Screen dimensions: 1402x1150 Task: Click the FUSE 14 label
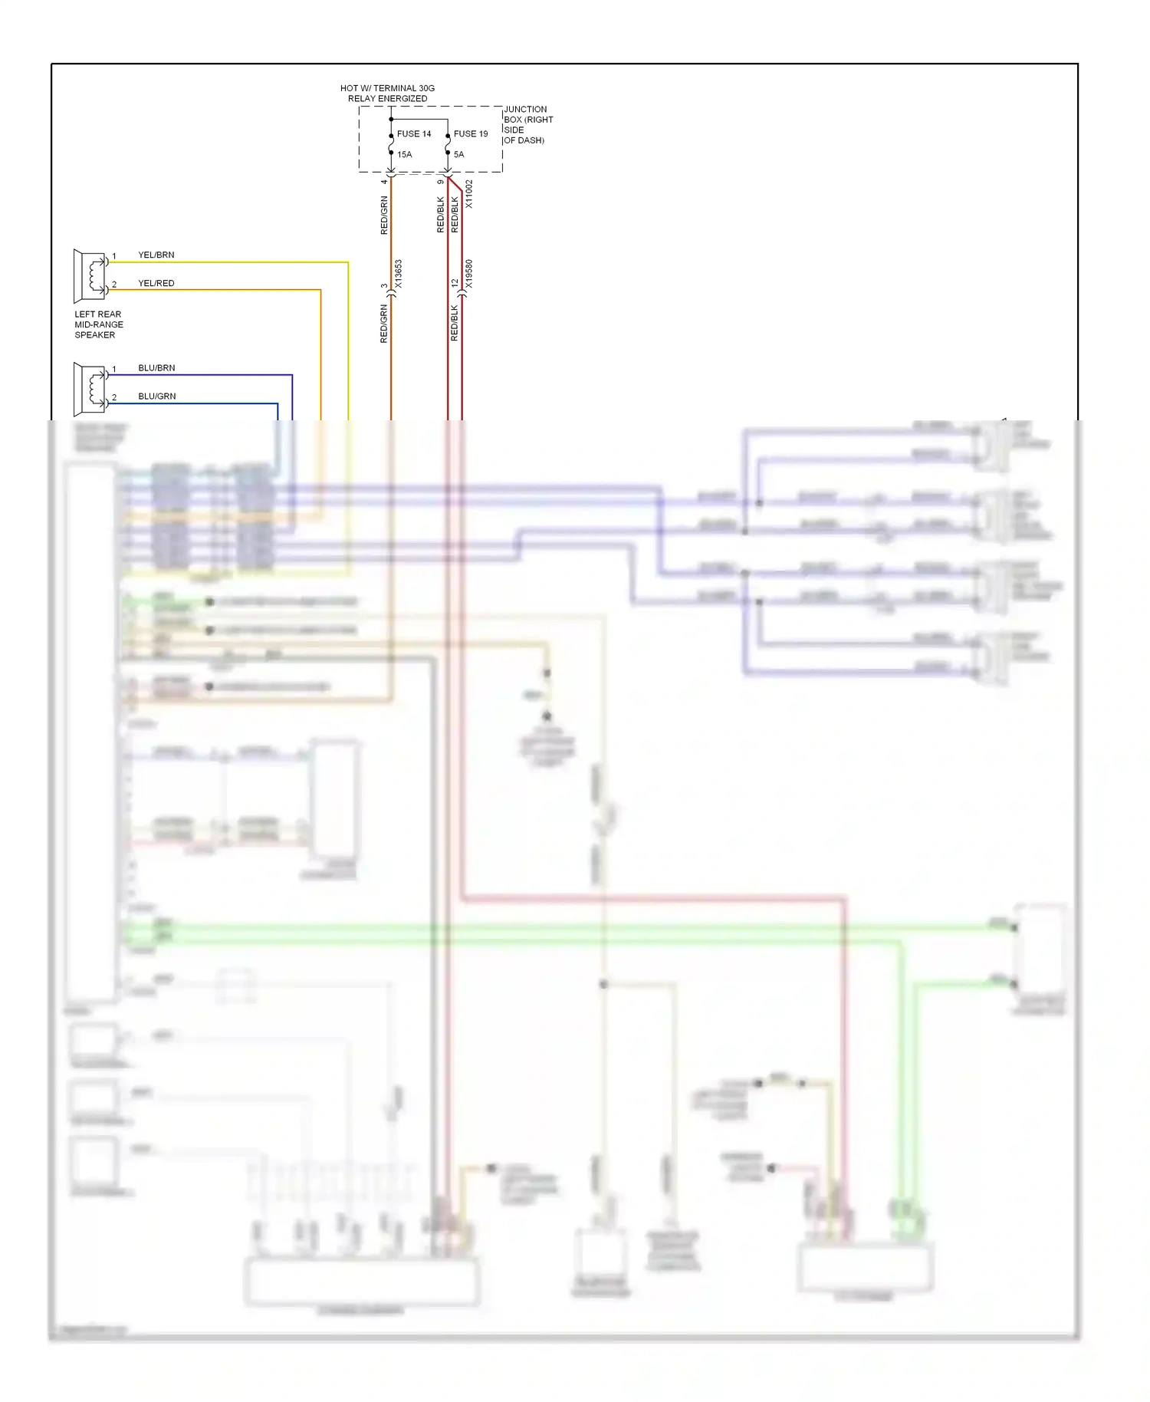[x=413, y=134]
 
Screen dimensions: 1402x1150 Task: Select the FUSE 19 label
[x=470, y=134]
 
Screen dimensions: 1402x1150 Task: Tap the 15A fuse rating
[x=404, y=155]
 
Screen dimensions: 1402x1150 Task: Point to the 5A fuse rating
[x=458, y=155]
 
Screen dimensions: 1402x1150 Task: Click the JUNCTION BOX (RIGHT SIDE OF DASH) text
[x=527, y=125]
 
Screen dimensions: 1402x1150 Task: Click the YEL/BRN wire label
[x=156, y=255]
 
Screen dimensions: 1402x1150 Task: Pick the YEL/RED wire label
[x=156, y=284]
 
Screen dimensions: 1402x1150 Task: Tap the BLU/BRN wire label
[x=156, y=368]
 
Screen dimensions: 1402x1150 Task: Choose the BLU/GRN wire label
[x=157, y=397]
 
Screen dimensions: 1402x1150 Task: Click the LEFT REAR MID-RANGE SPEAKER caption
[x=98, y=325]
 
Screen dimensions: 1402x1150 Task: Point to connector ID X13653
[x=399, y=274]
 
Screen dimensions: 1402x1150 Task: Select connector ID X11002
[x=469, y=194]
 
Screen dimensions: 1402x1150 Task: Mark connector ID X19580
[x=469, y=274]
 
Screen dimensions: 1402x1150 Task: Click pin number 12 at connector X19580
[x=455, y=284]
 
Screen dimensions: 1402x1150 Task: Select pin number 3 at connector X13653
[x=384, y=286]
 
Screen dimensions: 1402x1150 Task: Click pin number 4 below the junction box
[x=384, y=182]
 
